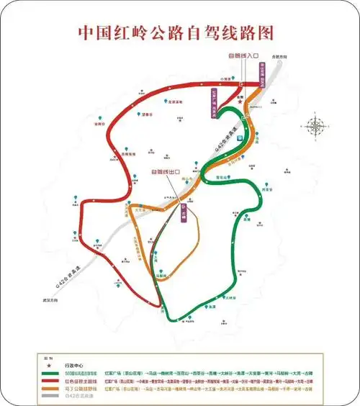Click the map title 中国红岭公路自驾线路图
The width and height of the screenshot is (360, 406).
coord(179,34)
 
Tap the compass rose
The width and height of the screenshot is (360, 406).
coord(315,127)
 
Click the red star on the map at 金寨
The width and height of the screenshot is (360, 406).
coord(240,103)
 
